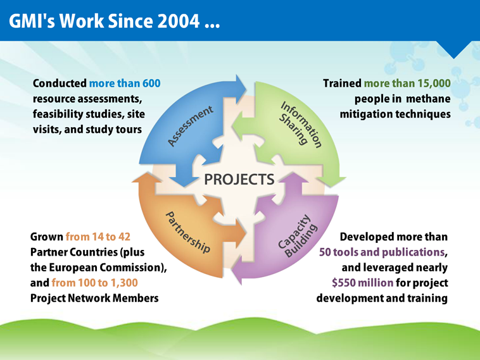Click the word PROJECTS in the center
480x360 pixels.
[x=239, y=179]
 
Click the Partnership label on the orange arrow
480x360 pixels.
[x=187, y=233]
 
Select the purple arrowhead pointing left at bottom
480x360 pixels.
[x=239, y=273]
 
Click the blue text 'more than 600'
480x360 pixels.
[x=125, y=84]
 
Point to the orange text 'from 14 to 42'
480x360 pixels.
[x=98, y=237]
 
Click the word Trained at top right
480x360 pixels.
[x=342, y=84]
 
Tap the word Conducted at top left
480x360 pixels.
[x=59, y=84]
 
